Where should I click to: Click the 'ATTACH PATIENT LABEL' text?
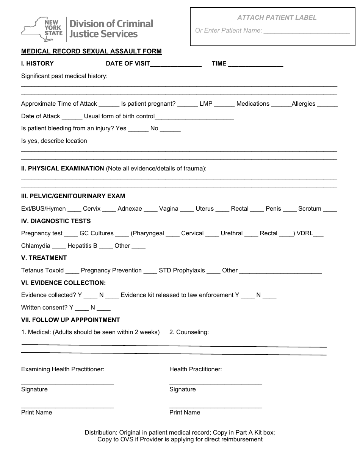click(277, 17)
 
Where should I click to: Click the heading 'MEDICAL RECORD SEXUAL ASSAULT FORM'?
click(91, 51)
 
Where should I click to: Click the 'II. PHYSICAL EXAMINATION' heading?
click(63, 168)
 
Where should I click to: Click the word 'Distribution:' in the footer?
click(101, 432)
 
